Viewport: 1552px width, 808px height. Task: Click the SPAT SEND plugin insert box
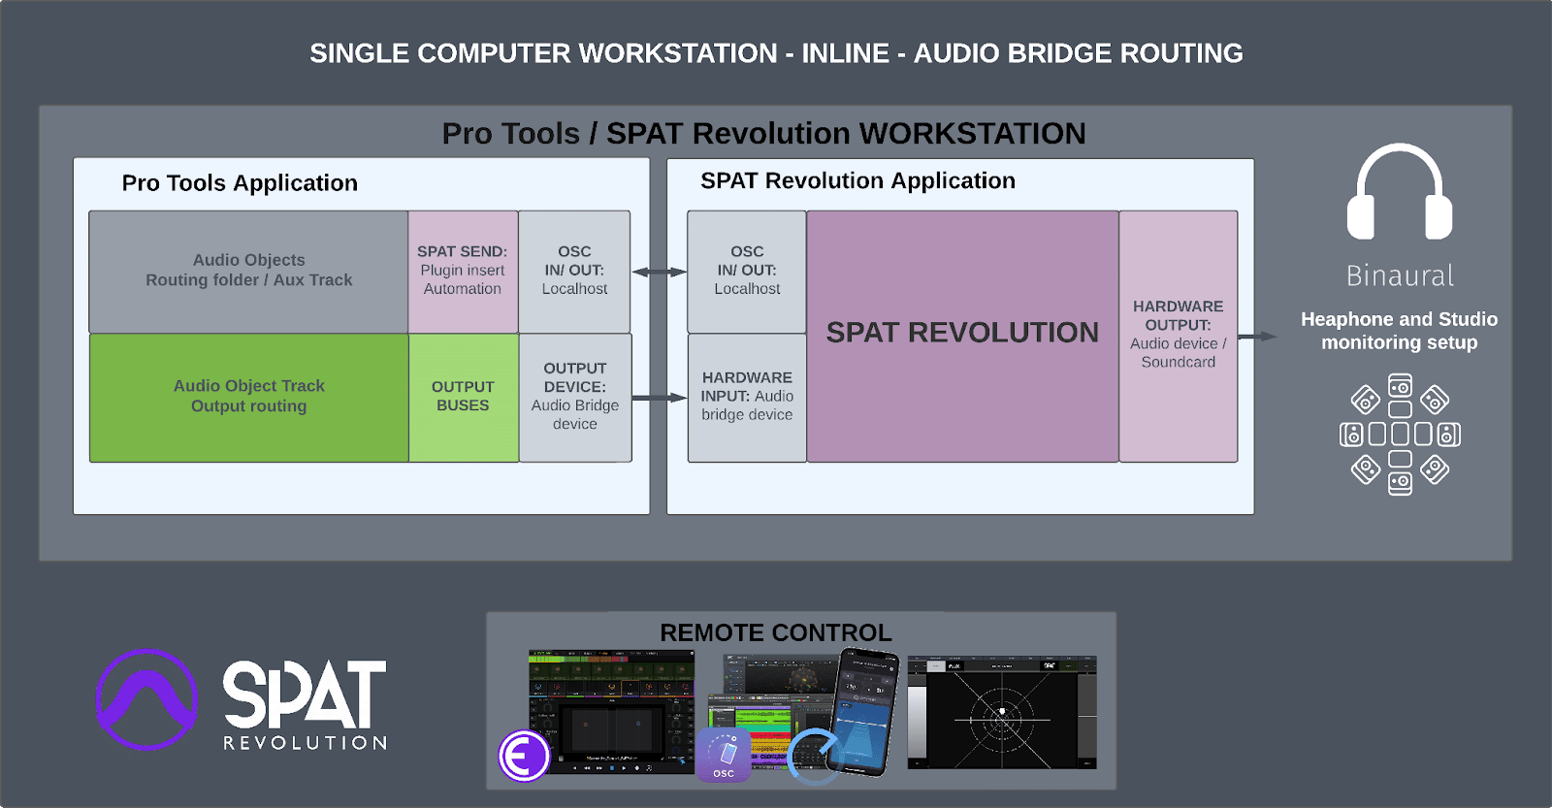click(x=463, y=271)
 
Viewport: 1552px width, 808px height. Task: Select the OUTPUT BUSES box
click(x=463, y=397)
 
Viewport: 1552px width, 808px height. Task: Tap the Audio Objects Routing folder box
click(x=248, y=271)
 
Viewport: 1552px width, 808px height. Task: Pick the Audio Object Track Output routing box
click(x=248, y=397)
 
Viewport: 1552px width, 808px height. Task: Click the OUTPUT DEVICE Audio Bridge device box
click(x=575, y=397)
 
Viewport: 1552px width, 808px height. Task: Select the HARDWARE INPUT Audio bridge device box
click(x=747, y=397)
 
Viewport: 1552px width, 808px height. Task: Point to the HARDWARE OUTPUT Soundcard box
click(x=1178, y=335)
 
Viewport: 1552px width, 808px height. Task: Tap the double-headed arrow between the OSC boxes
click(x=659, y=273)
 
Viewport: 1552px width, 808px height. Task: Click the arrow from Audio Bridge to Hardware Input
click(x=659, y=398)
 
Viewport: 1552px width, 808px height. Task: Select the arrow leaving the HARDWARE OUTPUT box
click(x=1257, y=337)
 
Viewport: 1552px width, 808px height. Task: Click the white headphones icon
click(x=1399, y=193)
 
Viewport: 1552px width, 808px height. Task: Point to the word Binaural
click(x=1399, y=276)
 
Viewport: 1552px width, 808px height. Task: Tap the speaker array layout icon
click(x=1399, y=434)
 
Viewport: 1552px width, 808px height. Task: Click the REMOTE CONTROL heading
click(x=775, y=632)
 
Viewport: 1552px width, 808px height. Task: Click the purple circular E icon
click(x=525, y=756)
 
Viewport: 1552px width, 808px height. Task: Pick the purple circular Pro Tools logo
click(x=146, y=699)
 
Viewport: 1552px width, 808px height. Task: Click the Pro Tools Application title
click(x=240, y=183)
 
